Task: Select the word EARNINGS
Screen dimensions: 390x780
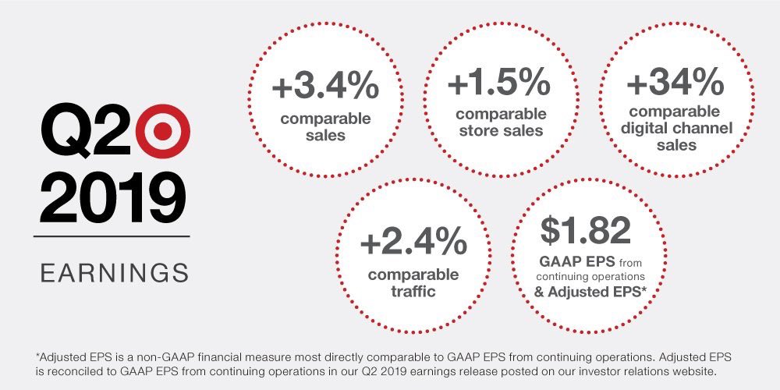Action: point(114,273)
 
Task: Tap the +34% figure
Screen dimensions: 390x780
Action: point(675,83)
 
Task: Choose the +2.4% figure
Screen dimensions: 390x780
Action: point(413,243)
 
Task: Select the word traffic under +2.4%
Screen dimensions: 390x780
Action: point(413,292)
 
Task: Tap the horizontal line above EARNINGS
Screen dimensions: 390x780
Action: point(114,235)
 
